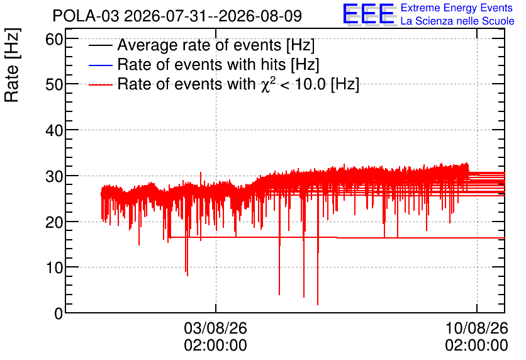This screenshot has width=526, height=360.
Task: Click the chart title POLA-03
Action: coord(86,16)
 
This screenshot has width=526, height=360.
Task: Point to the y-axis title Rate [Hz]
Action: coord(12,65)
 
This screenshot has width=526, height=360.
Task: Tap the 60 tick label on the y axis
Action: coord(54,40)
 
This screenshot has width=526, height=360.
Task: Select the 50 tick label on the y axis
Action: coord(54,84)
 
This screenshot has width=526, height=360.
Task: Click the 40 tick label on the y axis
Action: coord(54,130)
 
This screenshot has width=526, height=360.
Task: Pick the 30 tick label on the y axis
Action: coord(54,176)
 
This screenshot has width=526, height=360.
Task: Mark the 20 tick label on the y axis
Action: coord(54,222)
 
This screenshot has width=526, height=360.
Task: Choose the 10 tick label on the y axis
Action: coord(54,267)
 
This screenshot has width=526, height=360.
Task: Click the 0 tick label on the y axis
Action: coord(59,313)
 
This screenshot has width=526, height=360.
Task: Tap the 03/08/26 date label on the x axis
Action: coord(215,328)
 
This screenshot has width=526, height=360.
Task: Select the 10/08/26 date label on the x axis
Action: coord(477,328)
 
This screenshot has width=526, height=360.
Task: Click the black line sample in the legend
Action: coord(100,45)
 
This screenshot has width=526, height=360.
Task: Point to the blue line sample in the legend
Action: coord(100,65)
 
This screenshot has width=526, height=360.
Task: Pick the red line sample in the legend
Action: coord(100,84)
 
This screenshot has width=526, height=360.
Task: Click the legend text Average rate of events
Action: coord(199,45)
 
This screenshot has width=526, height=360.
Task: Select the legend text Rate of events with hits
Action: coord(201,64)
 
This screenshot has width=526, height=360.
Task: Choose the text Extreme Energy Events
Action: coord(457,8)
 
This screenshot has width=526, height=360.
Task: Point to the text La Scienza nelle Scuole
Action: coord(457,21)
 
